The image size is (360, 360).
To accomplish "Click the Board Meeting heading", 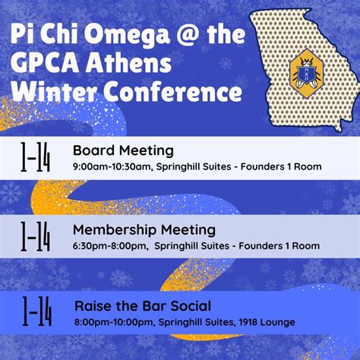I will click(123, 150).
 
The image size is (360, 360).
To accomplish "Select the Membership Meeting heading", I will click(144, 229).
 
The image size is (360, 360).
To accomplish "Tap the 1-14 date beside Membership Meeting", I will click(36, 236).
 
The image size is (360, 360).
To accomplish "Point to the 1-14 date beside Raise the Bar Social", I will click(36, 312).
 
